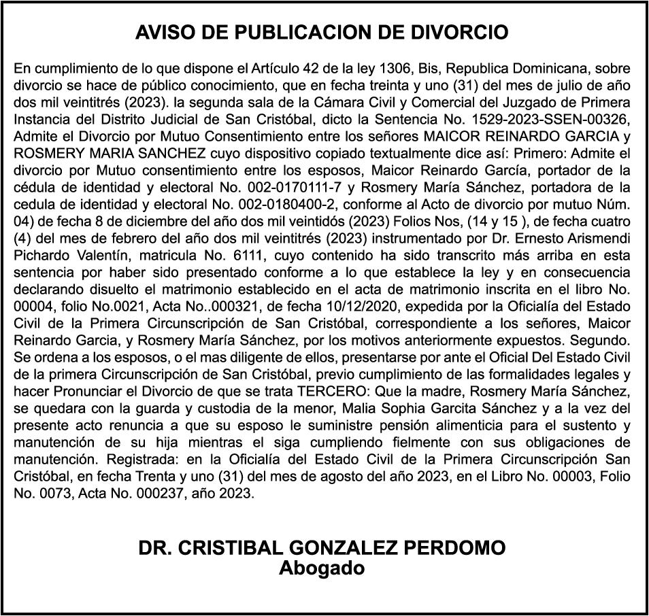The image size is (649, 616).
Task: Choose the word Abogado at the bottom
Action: (x=322, y=568)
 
